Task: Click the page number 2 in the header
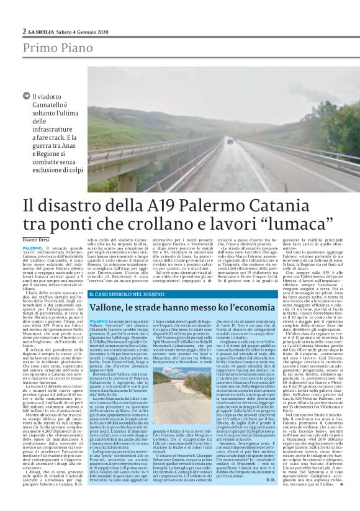(x=24, y=31)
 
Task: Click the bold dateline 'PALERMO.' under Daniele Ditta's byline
(x=34, y=247)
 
